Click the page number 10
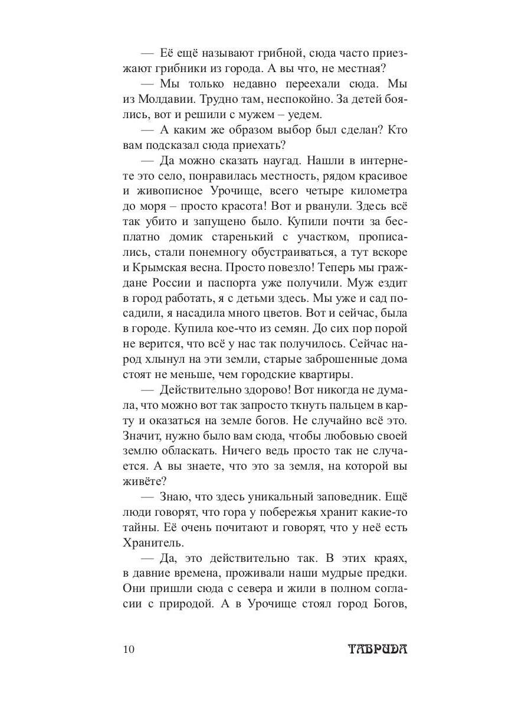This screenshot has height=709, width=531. click(x=130, y=650)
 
